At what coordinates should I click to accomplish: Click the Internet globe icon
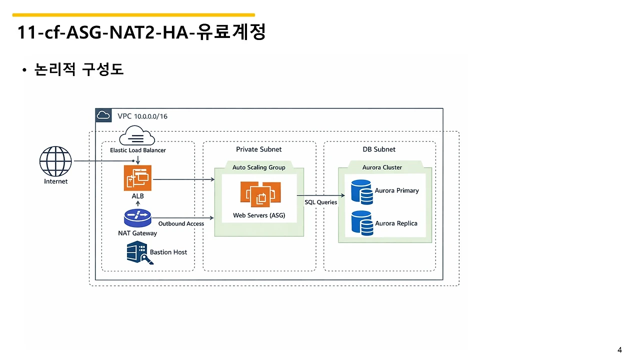[55, 161]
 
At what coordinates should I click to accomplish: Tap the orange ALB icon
[137, 178]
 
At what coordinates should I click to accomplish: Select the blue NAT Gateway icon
[137, 218]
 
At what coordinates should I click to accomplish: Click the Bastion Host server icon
[139, 252]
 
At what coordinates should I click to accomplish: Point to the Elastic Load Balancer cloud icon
[137, 135]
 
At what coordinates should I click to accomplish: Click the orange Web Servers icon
[260, 194]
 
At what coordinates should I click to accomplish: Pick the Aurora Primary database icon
[361, 192]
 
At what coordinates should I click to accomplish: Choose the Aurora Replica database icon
[362, 223]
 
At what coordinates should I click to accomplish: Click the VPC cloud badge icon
[103, 115]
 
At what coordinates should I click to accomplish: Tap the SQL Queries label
[320, 202]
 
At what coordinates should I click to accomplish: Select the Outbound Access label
[181, 223]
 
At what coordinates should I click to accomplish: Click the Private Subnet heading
[259, 149]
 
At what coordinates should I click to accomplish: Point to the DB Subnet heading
[379, 149]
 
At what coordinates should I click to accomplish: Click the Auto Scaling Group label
[259, 167]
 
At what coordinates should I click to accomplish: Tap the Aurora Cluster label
[382, 167]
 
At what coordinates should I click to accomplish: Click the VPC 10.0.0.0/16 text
[142, 116]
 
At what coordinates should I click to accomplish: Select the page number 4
[619, 350]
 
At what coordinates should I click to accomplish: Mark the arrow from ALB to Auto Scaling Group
[183, 179]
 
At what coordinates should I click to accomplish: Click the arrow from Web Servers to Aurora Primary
[321, 195]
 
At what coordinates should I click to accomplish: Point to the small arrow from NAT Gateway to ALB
[137, 203]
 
